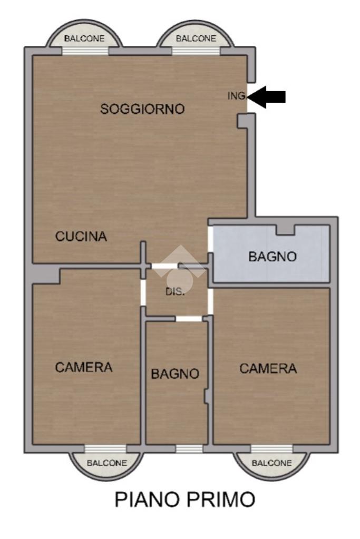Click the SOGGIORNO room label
click(x=142, y=109)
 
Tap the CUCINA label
click(x=81, y=236)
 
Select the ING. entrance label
click(x=237, y=95)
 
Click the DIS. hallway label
click(x=176, y=291)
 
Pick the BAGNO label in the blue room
click(x=273, y=257)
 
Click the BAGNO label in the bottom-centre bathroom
click(x=176, y=374)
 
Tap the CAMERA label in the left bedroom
click(x=84, y=367)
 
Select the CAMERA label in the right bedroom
click(x=268, y=368)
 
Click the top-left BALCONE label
click(x=84, y=38)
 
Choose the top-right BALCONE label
click(x=196, y=38)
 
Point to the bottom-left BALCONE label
click(x=107, y=463)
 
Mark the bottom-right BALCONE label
click(x=271, y=463)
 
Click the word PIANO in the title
click(x=148, y=499)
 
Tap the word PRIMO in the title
click(x=221, y=499)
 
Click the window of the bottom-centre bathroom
click(x=189, y=448)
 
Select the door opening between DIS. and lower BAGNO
click(x=189, y=319)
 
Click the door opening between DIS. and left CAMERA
click(x=143, y=292)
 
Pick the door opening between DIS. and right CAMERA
click(x=210, y=301)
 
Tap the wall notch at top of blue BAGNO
click(x=286, y=230)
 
